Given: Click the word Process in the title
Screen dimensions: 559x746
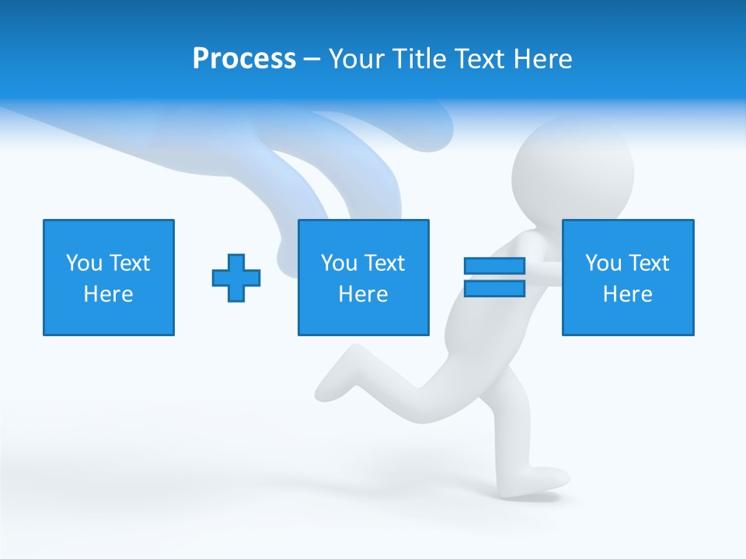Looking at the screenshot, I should click(244, 59).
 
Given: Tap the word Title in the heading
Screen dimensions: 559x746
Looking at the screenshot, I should click(417, 59).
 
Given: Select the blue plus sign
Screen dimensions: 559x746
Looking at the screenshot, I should click(236, 277).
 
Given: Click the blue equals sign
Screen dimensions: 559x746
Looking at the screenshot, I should click(494, 277).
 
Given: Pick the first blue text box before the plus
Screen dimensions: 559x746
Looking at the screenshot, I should click(109, 277).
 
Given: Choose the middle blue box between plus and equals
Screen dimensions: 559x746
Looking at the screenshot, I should click(363, 277).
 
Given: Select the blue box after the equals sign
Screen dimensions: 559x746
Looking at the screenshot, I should click(628, 277).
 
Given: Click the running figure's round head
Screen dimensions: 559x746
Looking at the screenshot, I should click(576, 167).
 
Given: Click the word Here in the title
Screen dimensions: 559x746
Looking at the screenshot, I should click(544, 59).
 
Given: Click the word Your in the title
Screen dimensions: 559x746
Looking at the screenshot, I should click(356, 59).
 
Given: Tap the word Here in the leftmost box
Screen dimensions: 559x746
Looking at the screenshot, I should click(109, 294).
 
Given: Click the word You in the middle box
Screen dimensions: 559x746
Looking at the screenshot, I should click(339, 263).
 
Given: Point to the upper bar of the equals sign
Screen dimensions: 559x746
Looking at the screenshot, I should click(494, 266).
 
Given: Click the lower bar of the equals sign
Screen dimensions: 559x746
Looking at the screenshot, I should click(494, 289).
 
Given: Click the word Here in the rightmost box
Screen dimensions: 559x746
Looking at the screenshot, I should click(628, 294).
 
